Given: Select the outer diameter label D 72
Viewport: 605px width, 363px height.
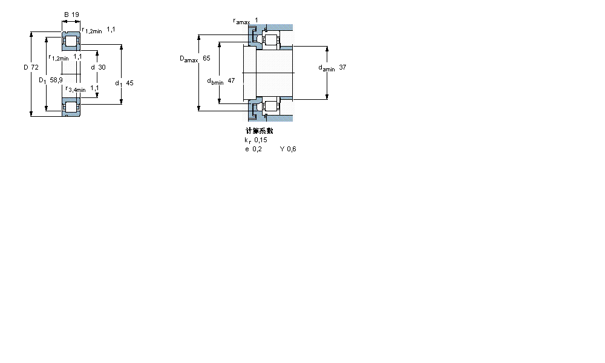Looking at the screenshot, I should [31, 67].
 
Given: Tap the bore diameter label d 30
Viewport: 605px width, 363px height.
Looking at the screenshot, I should [97, 67].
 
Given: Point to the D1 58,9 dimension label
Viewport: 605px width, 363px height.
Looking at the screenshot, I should [51, 80].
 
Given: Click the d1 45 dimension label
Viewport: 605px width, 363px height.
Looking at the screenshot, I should [124, 83].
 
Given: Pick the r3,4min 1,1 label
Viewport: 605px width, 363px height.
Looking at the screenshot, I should [82, 89].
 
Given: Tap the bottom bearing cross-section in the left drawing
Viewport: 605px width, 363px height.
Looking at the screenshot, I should [72, 106].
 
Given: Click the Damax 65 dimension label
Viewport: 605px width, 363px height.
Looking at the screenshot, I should [195, 59].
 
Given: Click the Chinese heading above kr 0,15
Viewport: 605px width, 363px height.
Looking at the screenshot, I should [259, 131].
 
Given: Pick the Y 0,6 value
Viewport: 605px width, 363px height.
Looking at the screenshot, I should [288, 149].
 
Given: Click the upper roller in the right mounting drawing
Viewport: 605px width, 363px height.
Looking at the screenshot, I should [270, 41].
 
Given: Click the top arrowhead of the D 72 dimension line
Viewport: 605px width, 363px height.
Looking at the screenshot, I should [31, 35].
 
